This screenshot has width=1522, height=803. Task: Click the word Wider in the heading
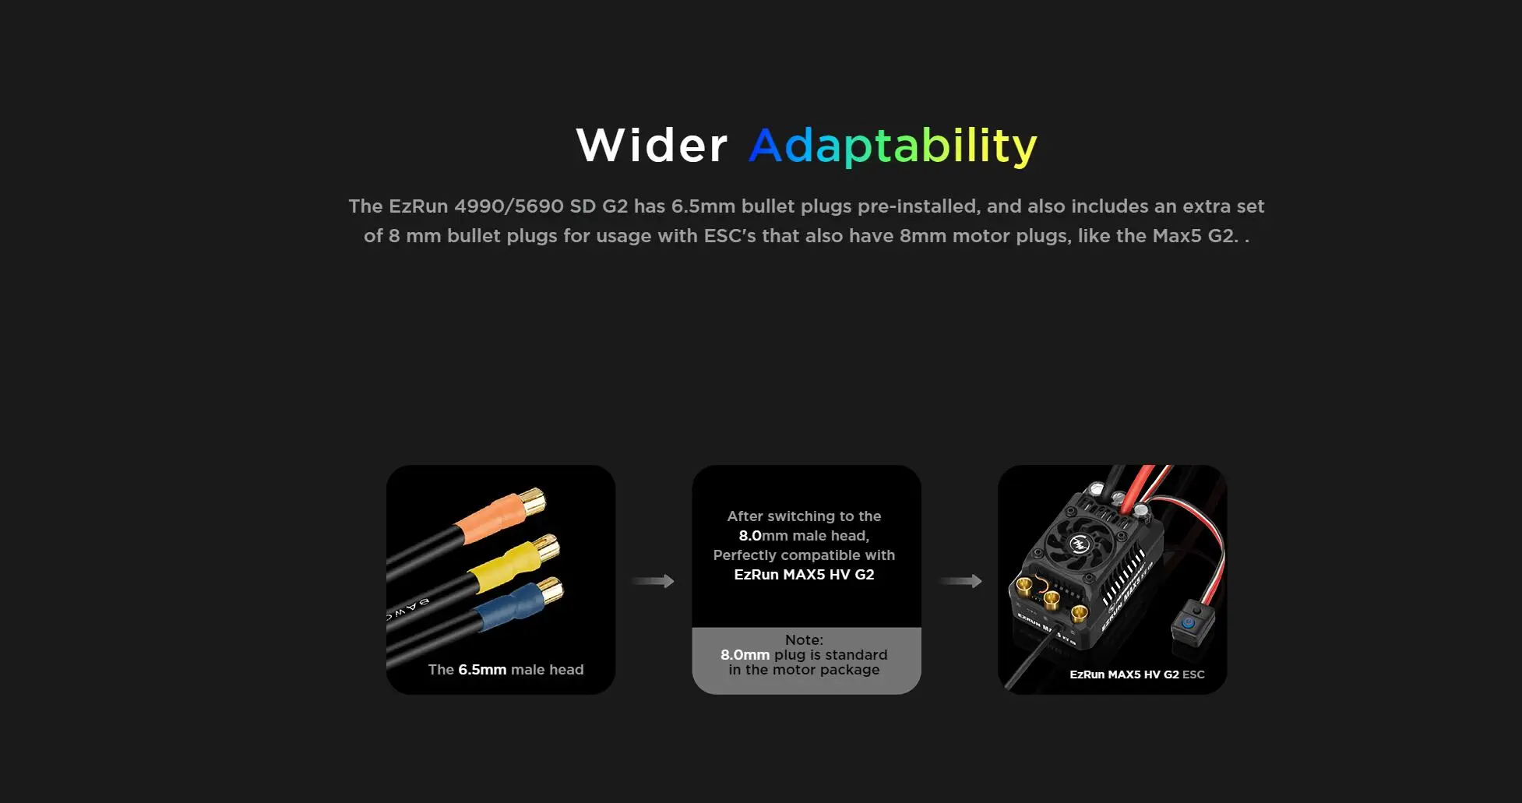click(652, 146)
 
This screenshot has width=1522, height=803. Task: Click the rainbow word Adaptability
click(893, 146)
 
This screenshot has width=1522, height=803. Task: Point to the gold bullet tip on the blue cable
click(550, 591)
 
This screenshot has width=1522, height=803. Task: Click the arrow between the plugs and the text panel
click(653, 581)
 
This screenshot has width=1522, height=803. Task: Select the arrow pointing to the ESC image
click(960, 581)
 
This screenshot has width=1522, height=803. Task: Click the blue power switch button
click(1188, 623)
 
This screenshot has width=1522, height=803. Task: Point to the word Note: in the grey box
click(804, 640)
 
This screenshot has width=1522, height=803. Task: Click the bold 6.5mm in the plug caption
click(482, 670)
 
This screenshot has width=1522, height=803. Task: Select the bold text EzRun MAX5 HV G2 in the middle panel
click(804, 575)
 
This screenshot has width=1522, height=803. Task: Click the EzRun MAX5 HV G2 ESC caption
click(1136, 674)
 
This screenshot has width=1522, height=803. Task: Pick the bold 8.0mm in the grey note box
click(745, 655)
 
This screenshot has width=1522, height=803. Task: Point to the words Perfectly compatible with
click(804, 555)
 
